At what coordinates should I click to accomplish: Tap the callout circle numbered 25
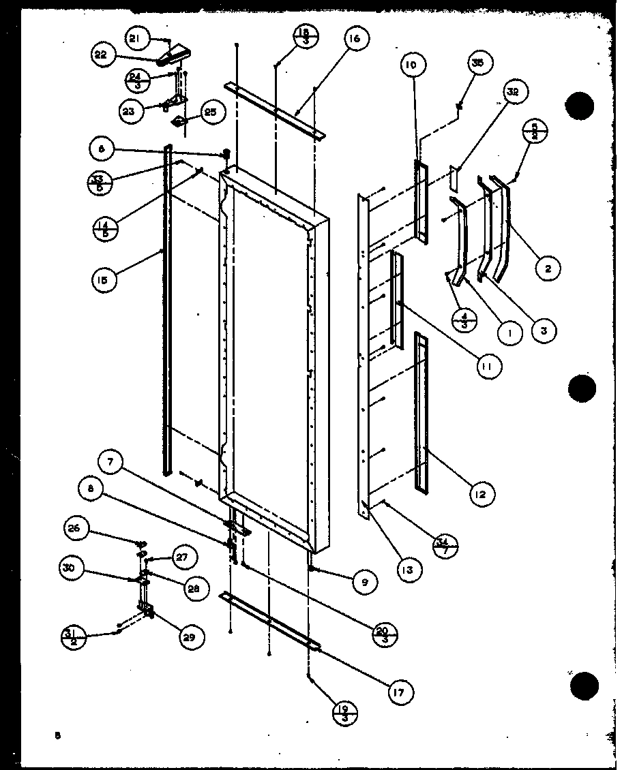pyautogui.click(x=210, y=112)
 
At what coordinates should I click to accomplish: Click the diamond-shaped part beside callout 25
pyautogui.click(x=179, y=122)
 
